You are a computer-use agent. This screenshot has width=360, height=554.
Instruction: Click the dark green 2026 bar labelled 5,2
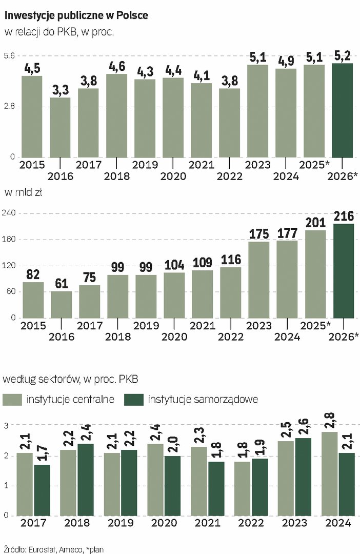(x=342, y=110)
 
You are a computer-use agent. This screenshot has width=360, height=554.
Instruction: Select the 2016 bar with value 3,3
(x=60, y=127)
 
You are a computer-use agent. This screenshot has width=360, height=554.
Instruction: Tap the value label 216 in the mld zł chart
(x=344, y=216)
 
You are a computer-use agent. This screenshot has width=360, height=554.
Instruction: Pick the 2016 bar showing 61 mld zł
(x=61, y=305)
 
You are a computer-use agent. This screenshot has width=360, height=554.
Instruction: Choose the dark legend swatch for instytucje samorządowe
(x=133, y=399)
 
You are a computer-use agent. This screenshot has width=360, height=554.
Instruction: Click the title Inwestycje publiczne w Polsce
(x=76, y=16)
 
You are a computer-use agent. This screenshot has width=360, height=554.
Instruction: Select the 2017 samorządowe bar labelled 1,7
(x=42, y=490)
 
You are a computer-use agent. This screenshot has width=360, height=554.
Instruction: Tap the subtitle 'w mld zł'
(x=24, y=193)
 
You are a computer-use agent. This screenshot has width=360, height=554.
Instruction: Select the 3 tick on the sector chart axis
(x=7, y=425)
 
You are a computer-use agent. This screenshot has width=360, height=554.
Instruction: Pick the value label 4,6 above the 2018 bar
(x=116, y=66)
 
